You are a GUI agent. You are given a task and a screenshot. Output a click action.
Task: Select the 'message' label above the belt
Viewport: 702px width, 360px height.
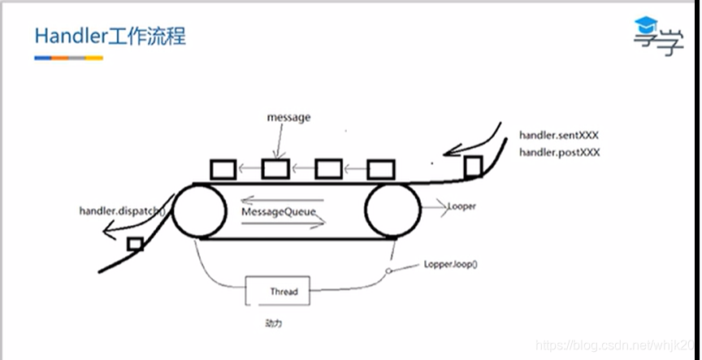[288, 117]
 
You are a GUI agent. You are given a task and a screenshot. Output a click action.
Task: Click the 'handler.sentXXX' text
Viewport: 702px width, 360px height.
[559, 135]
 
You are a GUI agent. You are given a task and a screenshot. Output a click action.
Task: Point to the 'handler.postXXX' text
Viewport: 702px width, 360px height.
[559, 152]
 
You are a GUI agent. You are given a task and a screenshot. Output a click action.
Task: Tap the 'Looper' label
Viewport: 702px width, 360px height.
[461, 206]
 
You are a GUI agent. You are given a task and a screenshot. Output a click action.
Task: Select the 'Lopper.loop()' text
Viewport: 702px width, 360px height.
[452, 265]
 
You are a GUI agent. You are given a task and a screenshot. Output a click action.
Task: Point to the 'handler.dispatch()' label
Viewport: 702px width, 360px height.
[122, 212]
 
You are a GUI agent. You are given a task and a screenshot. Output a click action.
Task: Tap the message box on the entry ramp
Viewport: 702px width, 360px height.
[472, 167]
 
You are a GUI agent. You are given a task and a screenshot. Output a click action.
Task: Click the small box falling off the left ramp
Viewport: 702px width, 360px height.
[136, 244]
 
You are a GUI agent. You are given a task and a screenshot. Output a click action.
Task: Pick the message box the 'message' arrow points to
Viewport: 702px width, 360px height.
[275, 169]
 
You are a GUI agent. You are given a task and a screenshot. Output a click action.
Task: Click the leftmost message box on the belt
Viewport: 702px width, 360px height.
[223, 169]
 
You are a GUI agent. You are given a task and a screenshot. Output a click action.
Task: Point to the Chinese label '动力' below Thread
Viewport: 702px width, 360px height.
[274, 323]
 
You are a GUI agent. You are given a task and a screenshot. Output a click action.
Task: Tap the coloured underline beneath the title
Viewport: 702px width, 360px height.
[68, 58]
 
